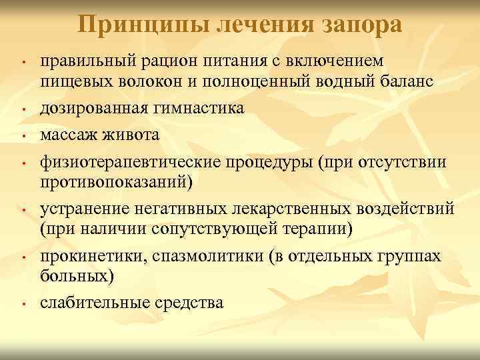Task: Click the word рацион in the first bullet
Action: [161, 61]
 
